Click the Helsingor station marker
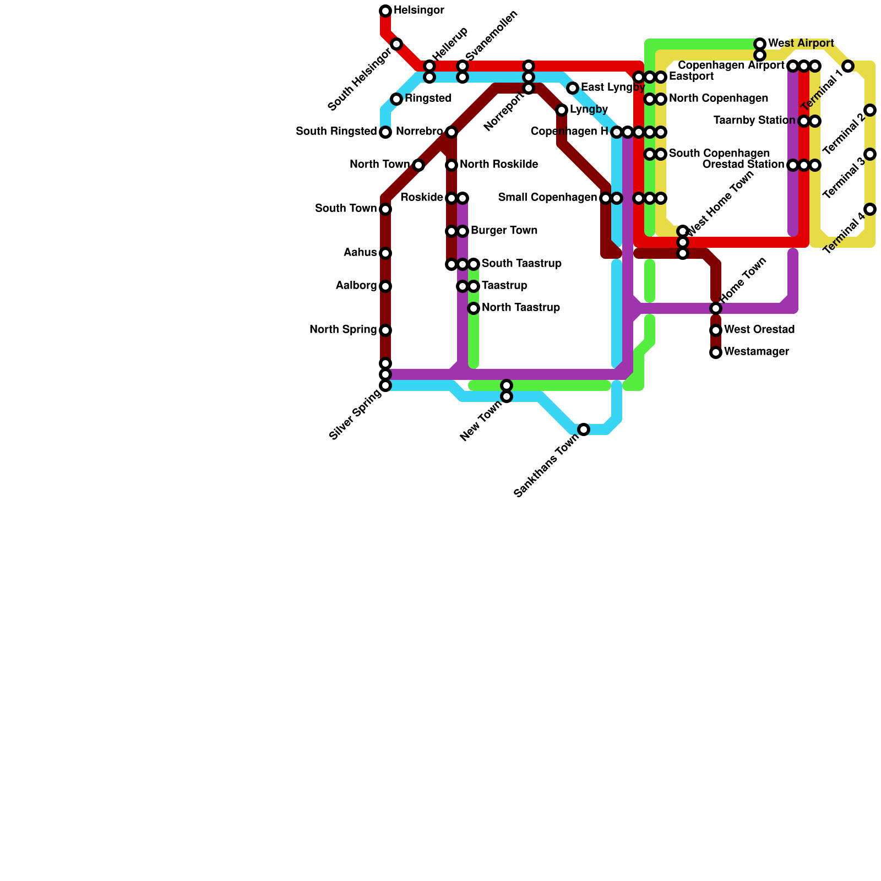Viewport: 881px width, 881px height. (385, 11)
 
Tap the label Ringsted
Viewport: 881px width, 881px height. (428, 99)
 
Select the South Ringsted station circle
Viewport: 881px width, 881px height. (385, 132)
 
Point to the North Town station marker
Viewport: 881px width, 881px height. (418, 165)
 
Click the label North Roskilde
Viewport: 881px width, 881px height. (499, 165)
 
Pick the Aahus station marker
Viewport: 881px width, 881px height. (385, 253)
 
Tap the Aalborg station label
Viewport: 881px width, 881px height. (356, 286)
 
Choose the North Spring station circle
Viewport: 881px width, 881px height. (385, 330)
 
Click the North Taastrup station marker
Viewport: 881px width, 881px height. (474, 308)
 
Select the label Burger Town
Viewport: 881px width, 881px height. (504, 231)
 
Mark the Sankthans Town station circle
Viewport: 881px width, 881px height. (584, 429)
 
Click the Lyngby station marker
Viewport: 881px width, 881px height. (562, 110)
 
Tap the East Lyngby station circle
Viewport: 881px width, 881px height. (573, 88)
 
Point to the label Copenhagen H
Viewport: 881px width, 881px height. (569, 132)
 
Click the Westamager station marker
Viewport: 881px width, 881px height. (716, 352)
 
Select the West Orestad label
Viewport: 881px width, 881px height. (759, 330)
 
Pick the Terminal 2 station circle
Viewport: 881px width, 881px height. (870, 110)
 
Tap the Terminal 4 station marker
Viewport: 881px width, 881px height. (870, 209)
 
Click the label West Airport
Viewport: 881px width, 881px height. (801, 43)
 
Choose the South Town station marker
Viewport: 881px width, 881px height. (385, 209)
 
